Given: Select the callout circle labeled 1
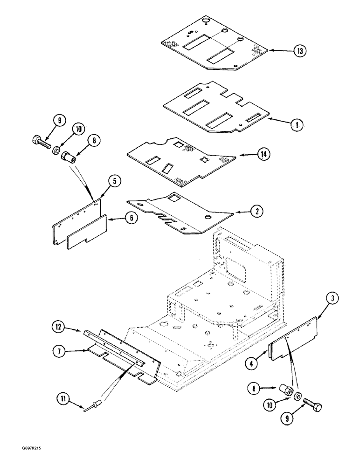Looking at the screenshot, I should pyautogui.click(x=295, y=124).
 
